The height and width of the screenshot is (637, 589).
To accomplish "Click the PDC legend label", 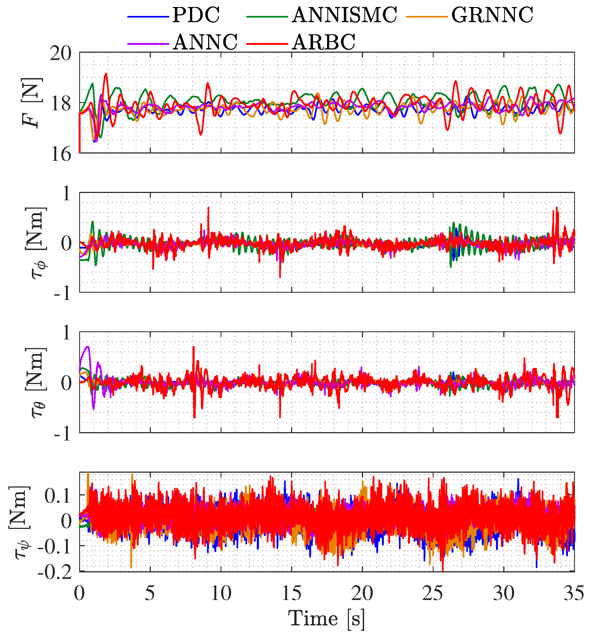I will [x=196, y=15].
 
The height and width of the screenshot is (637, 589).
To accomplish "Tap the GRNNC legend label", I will [x=492, y=15].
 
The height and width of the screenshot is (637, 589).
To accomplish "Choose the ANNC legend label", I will [x=205, y=42].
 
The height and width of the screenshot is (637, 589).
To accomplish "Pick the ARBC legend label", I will [x=324, y=42].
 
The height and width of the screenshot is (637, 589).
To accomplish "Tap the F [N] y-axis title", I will [x=32, y=103].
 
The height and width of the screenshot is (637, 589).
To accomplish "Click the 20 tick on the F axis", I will [x=61, y=53].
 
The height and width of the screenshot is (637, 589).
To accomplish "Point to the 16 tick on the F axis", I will [x=61, y=155].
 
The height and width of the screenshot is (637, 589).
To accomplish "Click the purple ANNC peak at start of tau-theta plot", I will [x=88, y=347].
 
